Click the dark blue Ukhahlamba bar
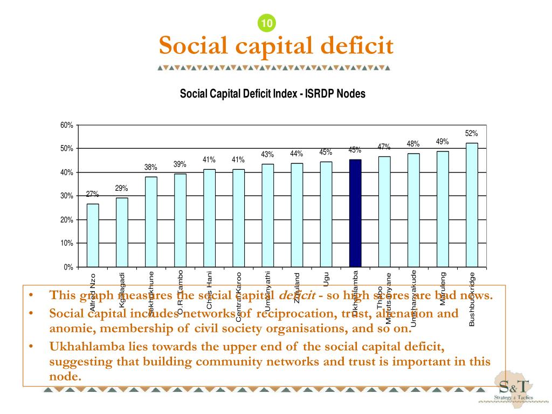355,213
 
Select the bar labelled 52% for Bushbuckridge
472,205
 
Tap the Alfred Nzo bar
93,235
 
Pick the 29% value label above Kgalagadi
121,188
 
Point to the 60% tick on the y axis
67,125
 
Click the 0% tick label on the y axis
68,267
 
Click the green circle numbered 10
267,23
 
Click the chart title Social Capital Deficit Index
272,94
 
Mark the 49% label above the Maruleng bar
443,142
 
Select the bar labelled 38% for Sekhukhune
151,222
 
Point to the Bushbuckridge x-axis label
472,299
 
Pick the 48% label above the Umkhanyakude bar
413,144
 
